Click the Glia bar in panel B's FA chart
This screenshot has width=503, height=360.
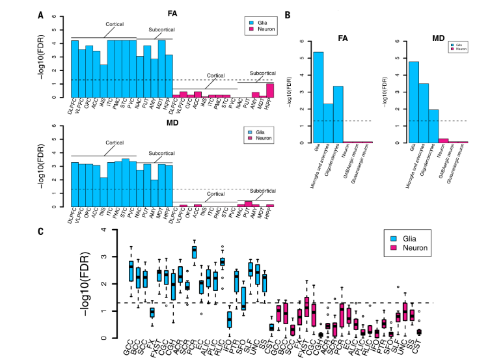pyautogui.click(x=318, y=97)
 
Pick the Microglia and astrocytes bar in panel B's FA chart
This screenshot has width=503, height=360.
pyautogui.click(x=329, y=123)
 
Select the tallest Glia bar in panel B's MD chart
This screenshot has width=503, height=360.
pyautogui.click(x=413, y=102)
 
